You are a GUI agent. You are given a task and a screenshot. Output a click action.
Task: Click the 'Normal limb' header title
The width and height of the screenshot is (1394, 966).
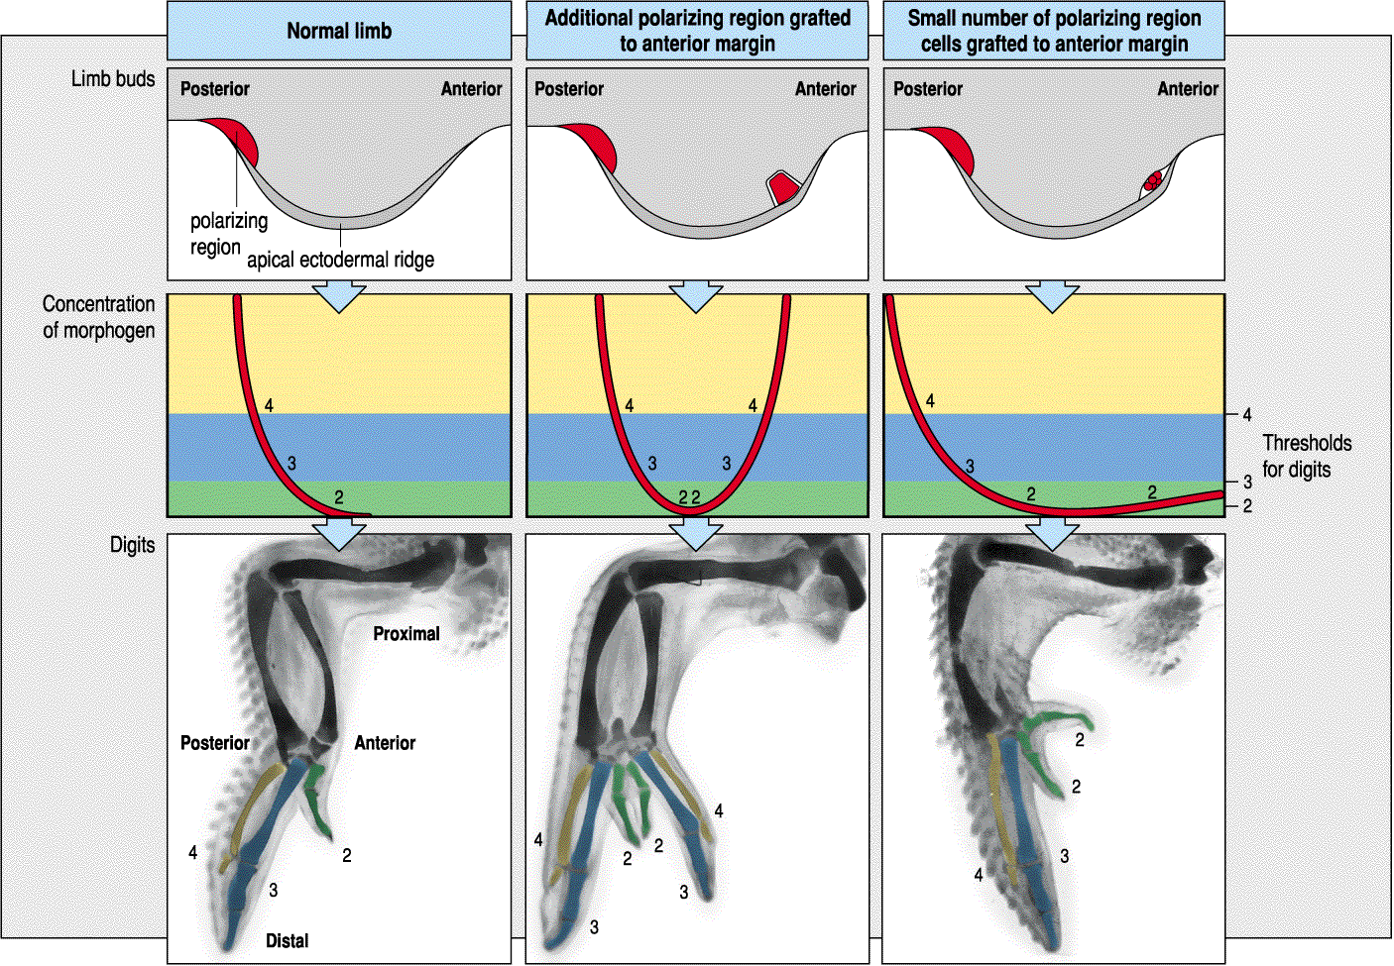click(339, 31)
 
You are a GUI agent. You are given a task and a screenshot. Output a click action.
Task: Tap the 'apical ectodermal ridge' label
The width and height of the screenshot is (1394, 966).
click(340, 260)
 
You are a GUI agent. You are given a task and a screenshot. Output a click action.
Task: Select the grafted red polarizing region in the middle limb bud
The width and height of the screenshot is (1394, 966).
click(783, 188)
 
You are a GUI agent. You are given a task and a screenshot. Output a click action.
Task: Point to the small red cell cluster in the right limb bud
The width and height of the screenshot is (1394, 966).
click(1152, 181)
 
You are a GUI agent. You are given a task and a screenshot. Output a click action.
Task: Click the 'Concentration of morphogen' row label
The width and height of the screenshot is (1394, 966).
click(98, 317)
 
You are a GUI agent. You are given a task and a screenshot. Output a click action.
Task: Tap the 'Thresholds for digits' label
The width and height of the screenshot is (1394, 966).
click(1306, 456)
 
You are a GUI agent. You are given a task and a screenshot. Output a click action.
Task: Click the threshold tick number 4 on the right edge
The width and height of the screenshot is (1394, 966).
click(1247, 415)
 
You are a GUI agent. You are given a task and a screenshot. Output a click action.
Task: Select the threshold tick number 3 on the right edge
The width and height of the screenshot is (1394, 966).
click(1247, 483)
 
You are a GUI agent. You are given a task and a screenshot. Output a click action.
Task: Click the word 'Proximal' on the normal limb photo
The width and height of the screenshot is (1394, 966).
click(407, 633)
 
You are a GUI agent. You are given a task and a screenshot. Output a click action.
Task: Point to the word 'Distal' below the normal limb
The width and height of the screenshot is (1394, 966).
click(287, 940)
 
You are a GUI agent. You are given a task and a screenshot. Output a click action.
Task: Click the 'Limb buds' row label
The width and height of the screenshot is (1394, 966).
click(113, 79)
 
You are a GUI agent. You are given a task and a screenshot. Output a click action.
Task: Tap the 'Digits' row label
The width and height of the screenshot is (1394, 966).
click(132, 545)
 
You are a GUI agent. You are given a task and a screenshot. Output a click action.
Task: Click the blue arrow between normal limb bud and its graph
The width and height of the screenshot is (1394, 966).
click(339, 296)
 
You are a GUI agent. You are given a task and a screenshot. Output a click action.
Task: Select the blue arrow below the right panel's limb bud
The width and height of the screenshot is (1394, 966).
click(1052, 296)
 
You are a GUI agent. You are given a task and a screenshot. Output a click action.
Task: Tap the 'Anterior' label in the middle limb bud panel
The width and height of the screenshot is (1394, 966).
click(825, 89)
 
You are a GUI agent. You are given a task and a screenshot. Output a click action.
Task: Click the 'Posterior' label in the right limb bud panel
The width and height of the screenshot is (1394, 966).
click(927, 89)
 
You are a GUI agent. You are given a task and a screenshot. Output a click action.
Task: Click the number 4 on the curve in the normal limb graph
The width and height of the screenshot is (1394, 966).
click(269, 405)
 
